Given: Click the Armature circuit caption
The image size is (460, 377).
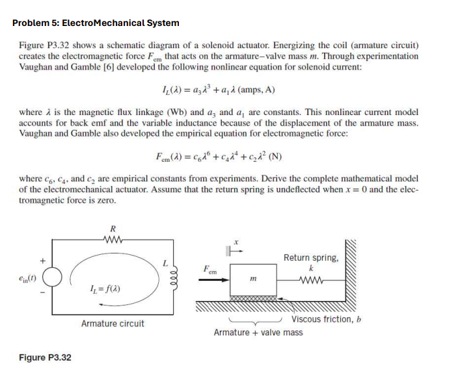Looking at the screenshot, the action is click(113, 323).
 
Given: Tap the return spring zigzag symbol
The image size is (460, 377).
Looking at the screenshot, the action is click(311, 281).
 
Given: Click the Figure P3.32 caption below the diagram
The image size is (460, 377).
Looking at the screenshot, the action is click(45, 357).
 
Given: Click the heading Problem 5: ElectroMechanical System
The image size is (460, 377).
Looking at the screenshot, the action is click(96, 23).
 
